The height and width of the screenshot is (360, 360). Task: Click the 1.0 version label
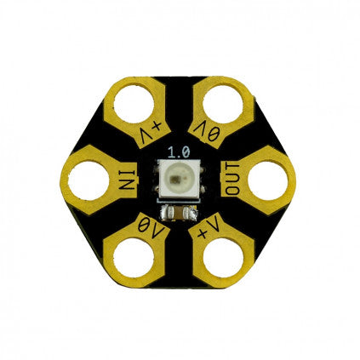click(179, 152)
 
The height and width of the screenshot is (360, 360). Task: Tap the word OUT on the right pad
click(230, 179)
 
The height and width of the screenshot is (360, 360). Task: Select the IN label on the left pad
click(128, 180)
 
